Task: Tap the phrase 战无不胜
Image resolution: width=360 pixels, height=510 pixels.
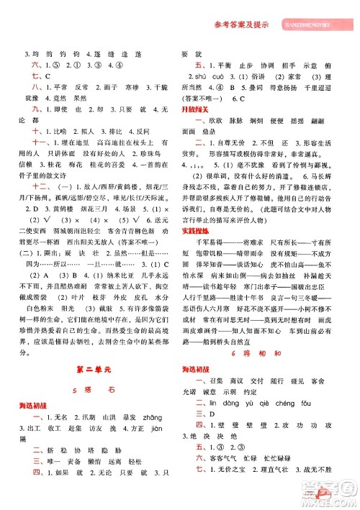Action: (x=328, y=491)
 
